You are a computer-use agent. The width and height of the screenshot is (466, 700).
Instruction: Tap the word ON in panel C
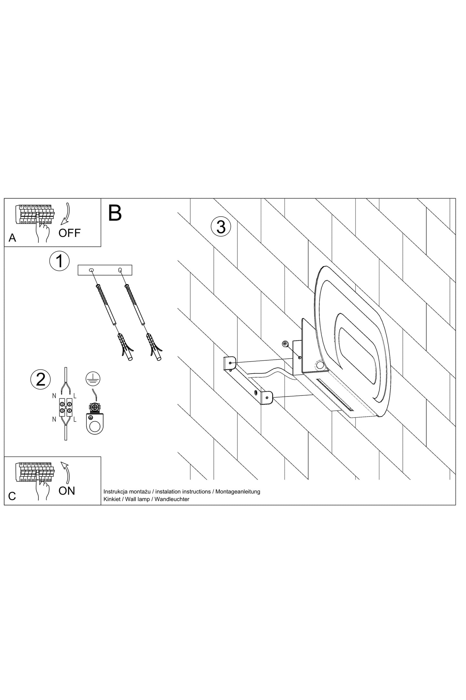(x=67, y=491)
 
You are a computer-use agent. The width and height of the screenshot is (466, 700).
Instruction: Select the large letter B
(x=115, y=213)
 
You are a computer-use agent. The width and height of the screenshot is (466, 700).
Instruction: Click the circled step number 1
(x=59, y=261)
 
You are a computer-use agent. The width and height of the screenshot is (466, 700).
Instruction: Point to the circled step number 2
(x=41, y=379)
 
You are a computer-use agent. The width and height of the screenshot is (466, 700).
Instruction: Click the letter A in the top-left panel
(x=12, y=238)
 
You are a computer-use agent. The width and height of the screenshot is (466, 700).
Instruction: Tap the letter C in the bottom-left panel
(x=12, y=496)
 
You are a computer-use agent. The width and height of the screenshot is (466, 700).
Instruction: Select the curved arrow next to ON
(x=66, y=473)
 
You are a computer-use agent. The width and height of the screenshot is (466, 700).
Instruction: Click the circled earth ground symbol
(x=93, y=379)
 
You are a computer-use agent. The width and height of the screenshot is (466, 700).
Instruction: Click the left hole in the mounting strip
(x=92, y=270)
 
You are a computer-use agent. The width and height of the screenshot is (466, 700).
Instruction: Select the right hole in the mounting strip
(x=120, y=270)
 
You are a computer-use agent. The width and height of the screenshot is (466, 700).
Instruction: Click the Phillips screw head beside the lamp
(x=285, y=344)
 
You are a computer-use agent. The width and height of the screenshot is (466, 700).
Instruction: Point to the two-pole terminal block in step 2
(x=65, y=407)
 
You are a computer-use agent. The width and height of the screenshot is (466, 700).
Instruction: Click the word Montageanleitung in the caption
(x=238, y=491)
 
